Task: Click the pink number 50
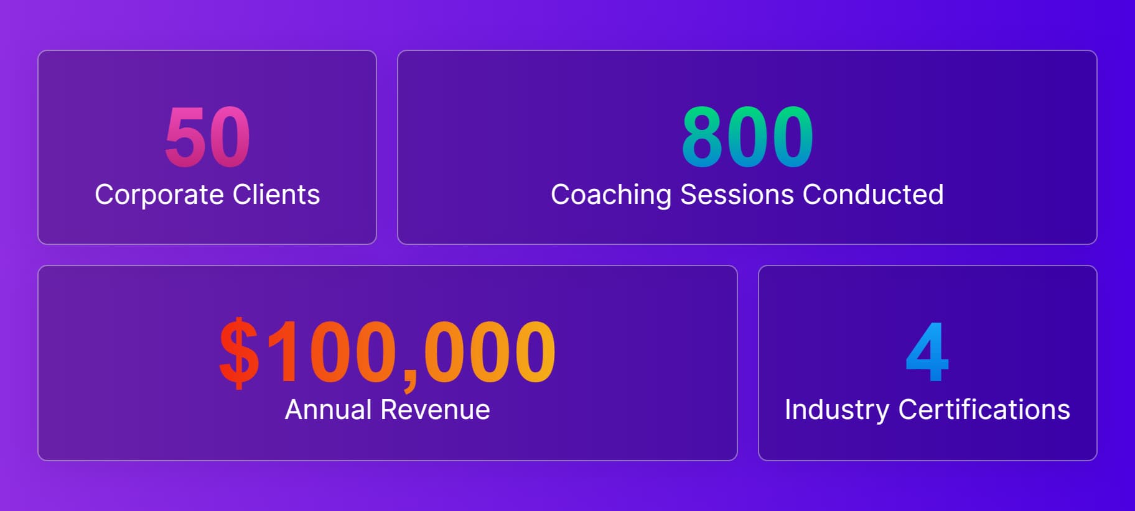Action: [x=207, y=137]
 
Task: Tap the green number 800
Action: [x=747, y=137]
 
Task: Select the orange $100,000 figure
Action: [x=387, y=352]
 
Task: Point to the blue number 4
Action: [x=927, y=352]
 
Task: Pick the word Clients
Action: [x=276, y=195]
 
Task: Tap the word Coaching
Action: [x=611, y=195]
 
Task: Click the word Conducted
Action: [x=873, y=195]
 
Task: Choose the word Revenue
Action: [x=436, y=410]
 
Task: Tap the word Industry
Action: [x=837, y=410]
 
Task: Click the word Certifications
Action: [x=984, y=410]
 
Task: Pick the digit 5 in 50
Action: [x=185, y=137]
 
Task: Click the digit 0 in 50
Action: [x=230, y=137]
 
